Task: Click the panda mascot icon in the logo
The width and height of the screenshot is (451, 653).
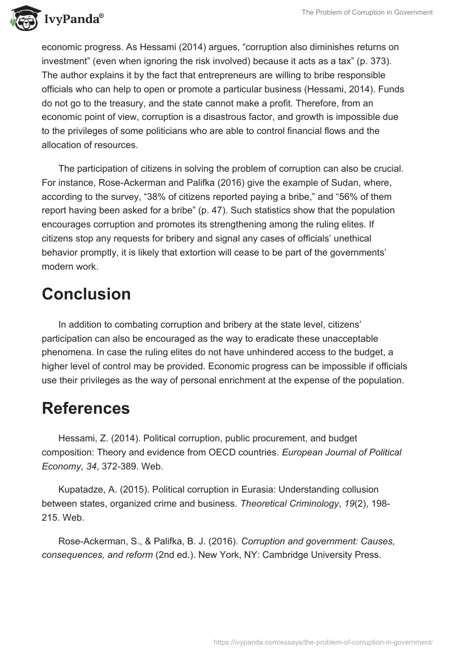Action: [21, 19]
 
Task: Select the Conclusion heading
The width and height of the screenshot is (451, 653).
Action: [86, 294]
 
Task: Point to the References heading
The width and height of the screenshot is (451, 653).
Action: [86, 408]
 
